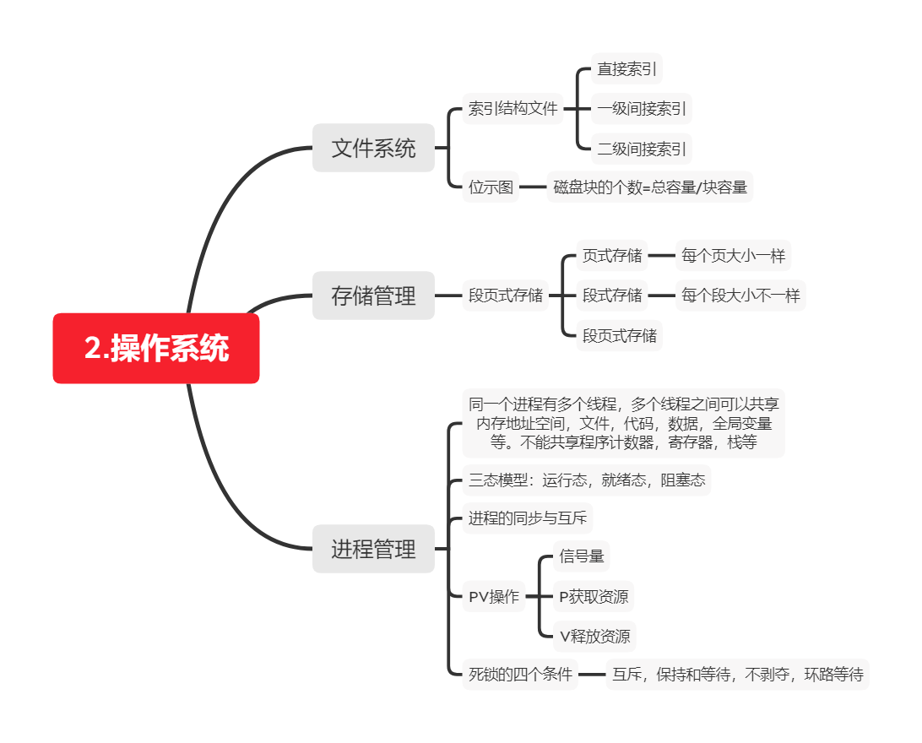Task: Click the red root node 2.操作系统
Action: click(156, 348)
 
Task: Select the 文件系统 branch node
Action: click(373, 148)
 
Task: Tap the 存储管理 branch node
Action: click(373, 296)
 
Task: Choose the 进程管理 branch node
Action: click(373, 549)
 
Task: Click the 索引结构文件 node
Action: click(513, 108)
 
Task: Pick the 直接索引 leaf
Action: click(626, 68)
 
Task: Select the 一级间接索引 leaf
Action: click(642, 108)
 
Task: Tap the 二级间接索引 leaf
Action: click(642, 149)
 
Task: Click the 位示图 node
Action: click(491, 187)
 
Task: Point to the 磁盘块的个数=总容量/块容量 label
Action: click(649, 187)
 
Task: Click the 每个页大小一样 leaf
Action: click(733, 255)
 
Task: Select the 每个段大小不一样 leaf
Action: click(740, 296)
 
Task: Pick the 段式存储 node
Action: click(612, 296)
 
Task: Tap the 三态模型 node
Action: click(587, 480)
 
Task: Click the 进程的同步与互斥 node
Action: click(528, 518)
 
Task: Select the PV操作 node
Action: click(494, 597)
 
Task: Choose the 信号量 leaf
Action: click(582, 556)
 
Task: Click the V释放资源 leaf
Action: click(594, 636)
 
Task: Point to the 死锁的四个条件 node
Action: click(521, 675)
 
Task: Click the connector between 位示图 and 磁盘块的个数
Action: click(533, 187)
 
